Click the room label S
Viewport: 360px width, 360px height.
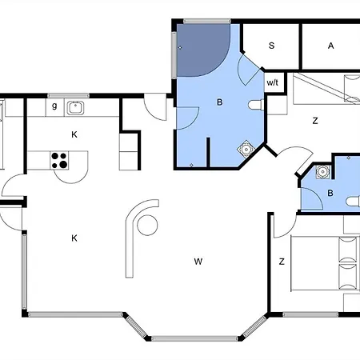[x=271, y=46]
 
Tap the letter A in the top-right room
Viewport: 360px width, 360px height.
[x=330, y=46]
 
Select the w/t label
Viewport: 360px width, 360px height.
[x=272, y=82]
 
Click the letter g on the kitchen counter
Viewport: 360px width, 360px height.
[x=54, y=106]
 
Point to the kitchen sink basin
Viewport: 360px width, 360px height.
[x=75, y=108]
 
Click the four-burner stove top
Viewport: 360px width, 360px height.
[x=59, y=160]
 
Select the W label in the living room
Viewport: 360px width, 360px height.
[x=198, y=262]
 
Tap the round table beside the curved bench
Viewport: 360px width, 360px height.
[x=147, y=225]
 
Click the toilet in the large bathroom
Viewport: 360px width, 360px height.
[x=256, y=105]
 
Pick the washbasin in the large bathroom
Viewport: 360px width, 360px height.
[x=246, y=150]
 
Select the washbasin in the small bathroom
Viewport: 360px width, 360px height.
[x=322, y=172]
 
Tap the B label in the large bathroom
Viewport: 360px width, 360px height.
[x=220, y=102]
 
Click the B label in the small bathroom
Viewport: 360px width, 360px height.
[x=330, y=193]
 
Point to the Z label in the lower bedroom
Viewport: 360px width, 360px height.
[x=282, y=262]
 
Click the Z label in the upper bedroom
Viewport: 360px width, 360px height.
[x=315, y=121]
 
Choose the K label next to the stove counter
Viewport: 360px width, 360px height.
[x=74, y=134]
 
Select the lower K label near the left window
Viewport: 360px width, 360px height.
[x=74, y=238]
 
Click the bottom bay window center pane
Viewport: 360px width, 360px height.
[x=194, y=338]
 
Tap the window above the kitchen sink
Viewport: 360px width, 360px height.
[x=68, y=96]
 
